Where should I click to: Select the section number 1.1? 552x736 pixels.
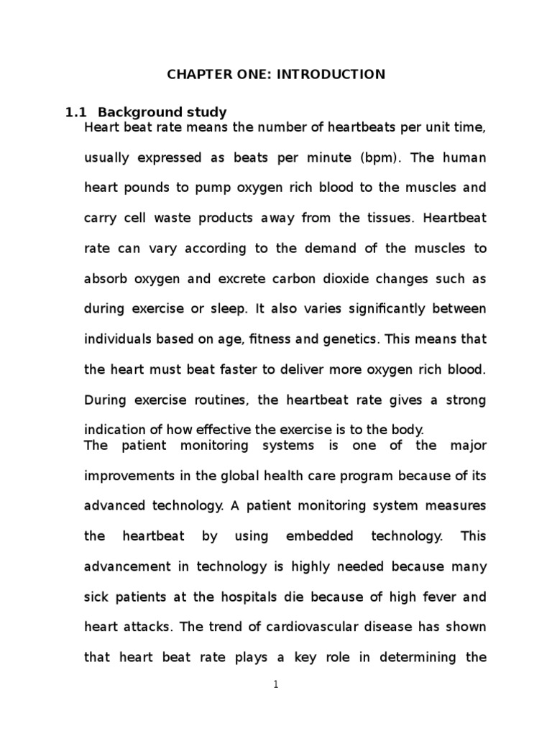click(75, 112)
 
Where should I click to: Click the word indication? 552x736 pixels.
click(114, 430)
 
